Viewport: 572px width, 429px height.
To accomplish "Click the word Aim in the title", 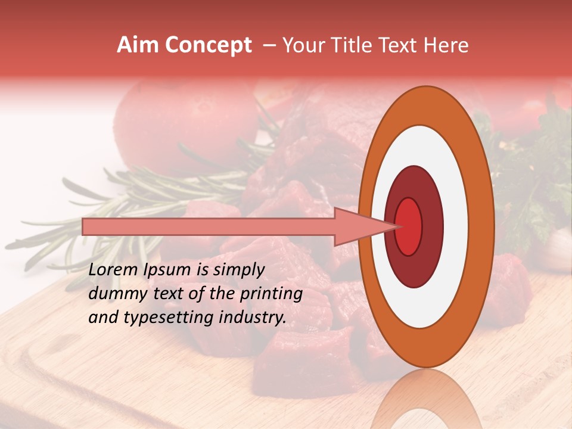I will [137, 45].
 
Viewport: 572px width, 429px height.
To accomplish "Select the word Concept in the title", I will [208, 45].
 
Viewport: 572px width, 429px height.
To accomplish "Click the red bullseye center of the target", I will [409, 226].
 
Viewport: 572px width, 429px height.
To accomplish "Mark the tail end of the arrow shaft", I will [85, 226].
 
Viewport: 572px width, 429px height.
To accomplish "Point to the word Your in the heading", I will [302, 45].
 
